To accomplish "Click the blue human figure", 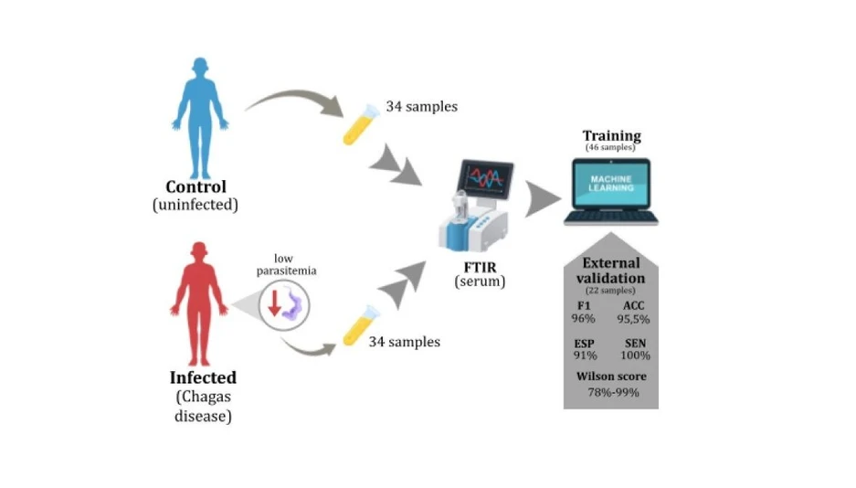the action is (200, 118).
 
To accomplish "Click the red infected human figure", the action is (199, 304).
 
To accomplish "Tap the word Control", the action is (196, 186).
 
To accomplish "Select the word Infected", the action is (203, 377).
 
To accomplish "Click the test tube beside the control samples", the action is (361, 124).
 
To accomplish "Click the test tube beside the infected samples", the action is (361, 325).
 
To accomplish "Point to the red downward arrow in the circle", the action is (275, 303).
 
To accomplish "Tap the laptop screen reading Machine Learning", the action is (611, 184).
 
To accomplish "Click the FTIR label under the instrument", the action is (480, 268).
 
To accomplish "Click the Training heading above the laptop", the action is (611, 135).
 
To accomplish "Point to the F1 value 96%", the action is (583, 319).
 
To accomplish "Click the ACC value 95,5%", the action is (633, 319).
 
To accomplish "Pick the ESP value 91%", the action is (585, 355).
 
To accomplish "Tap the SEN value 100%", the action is (635, 355).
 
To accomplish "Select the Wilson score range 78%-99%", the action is (613, 392).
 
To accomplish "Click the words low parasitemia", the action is (286, 264).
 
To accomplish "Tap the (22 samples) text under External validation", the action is (610, 291).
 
